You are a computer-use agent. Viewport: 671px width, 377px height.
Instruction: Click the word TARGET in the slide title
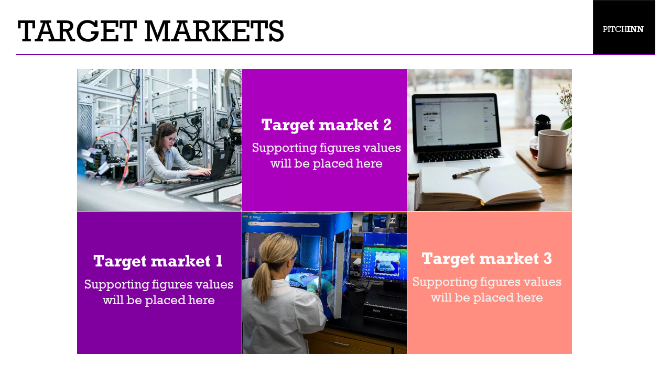(77, 31)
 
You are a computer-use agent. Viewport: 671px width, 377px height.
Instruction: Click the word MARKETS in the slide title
(214, 31)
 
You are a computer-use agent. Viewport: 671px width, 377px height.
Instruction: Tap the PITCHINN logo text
(623, 29)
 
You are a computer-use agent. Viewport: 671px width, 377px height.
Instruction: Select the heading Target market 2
(326, 125)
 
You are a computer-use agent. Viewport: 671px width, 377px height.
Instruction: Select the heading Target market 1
(158, 261)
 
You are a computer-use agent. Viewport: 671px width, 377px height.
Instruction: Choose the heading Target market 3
(487, 259)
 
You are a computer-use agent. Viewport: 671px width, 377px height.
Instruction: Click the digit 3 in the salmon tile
(547, 259)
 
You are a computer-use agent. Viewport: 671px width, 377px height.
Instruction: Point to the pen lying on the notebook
(471, 173)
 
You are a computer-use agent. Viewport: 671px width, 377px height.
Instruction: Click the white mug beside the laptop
(553, 149)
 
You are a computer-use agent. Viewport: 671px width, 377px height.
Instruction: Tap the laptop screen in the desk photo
(456, 121)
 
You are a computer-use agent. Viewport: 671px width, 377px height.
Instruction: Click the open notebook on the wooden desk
(479, 187)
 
